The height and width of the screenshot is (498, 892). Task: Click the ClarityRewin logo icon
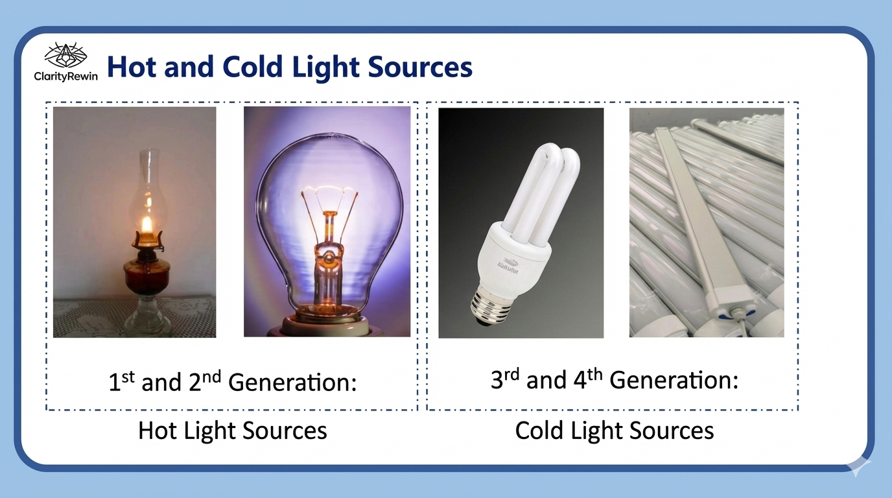65,55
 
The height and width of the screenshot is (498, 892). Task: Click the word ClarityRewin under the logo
65,76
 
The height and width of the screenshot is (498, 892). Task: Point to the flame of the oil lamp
147,225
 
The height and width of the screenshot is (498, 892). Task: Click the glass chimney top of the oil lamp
149,159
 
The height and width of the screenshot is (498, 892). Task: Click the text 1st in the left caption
122,381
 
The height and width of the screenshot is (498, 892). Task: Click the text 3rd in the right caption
505,379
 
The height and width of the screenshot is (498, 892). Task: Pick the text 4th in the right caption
588,379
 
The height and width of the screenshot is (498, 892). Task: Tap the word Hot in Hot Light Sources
158,431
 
